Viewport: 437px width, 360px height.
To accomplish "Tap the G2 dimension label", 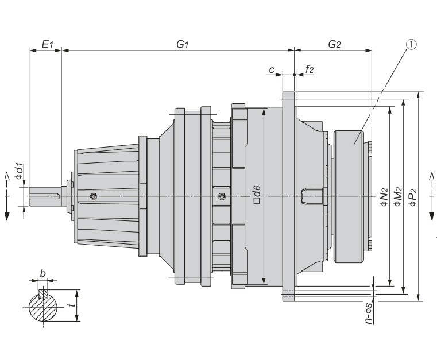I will (x=334, y=44).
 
